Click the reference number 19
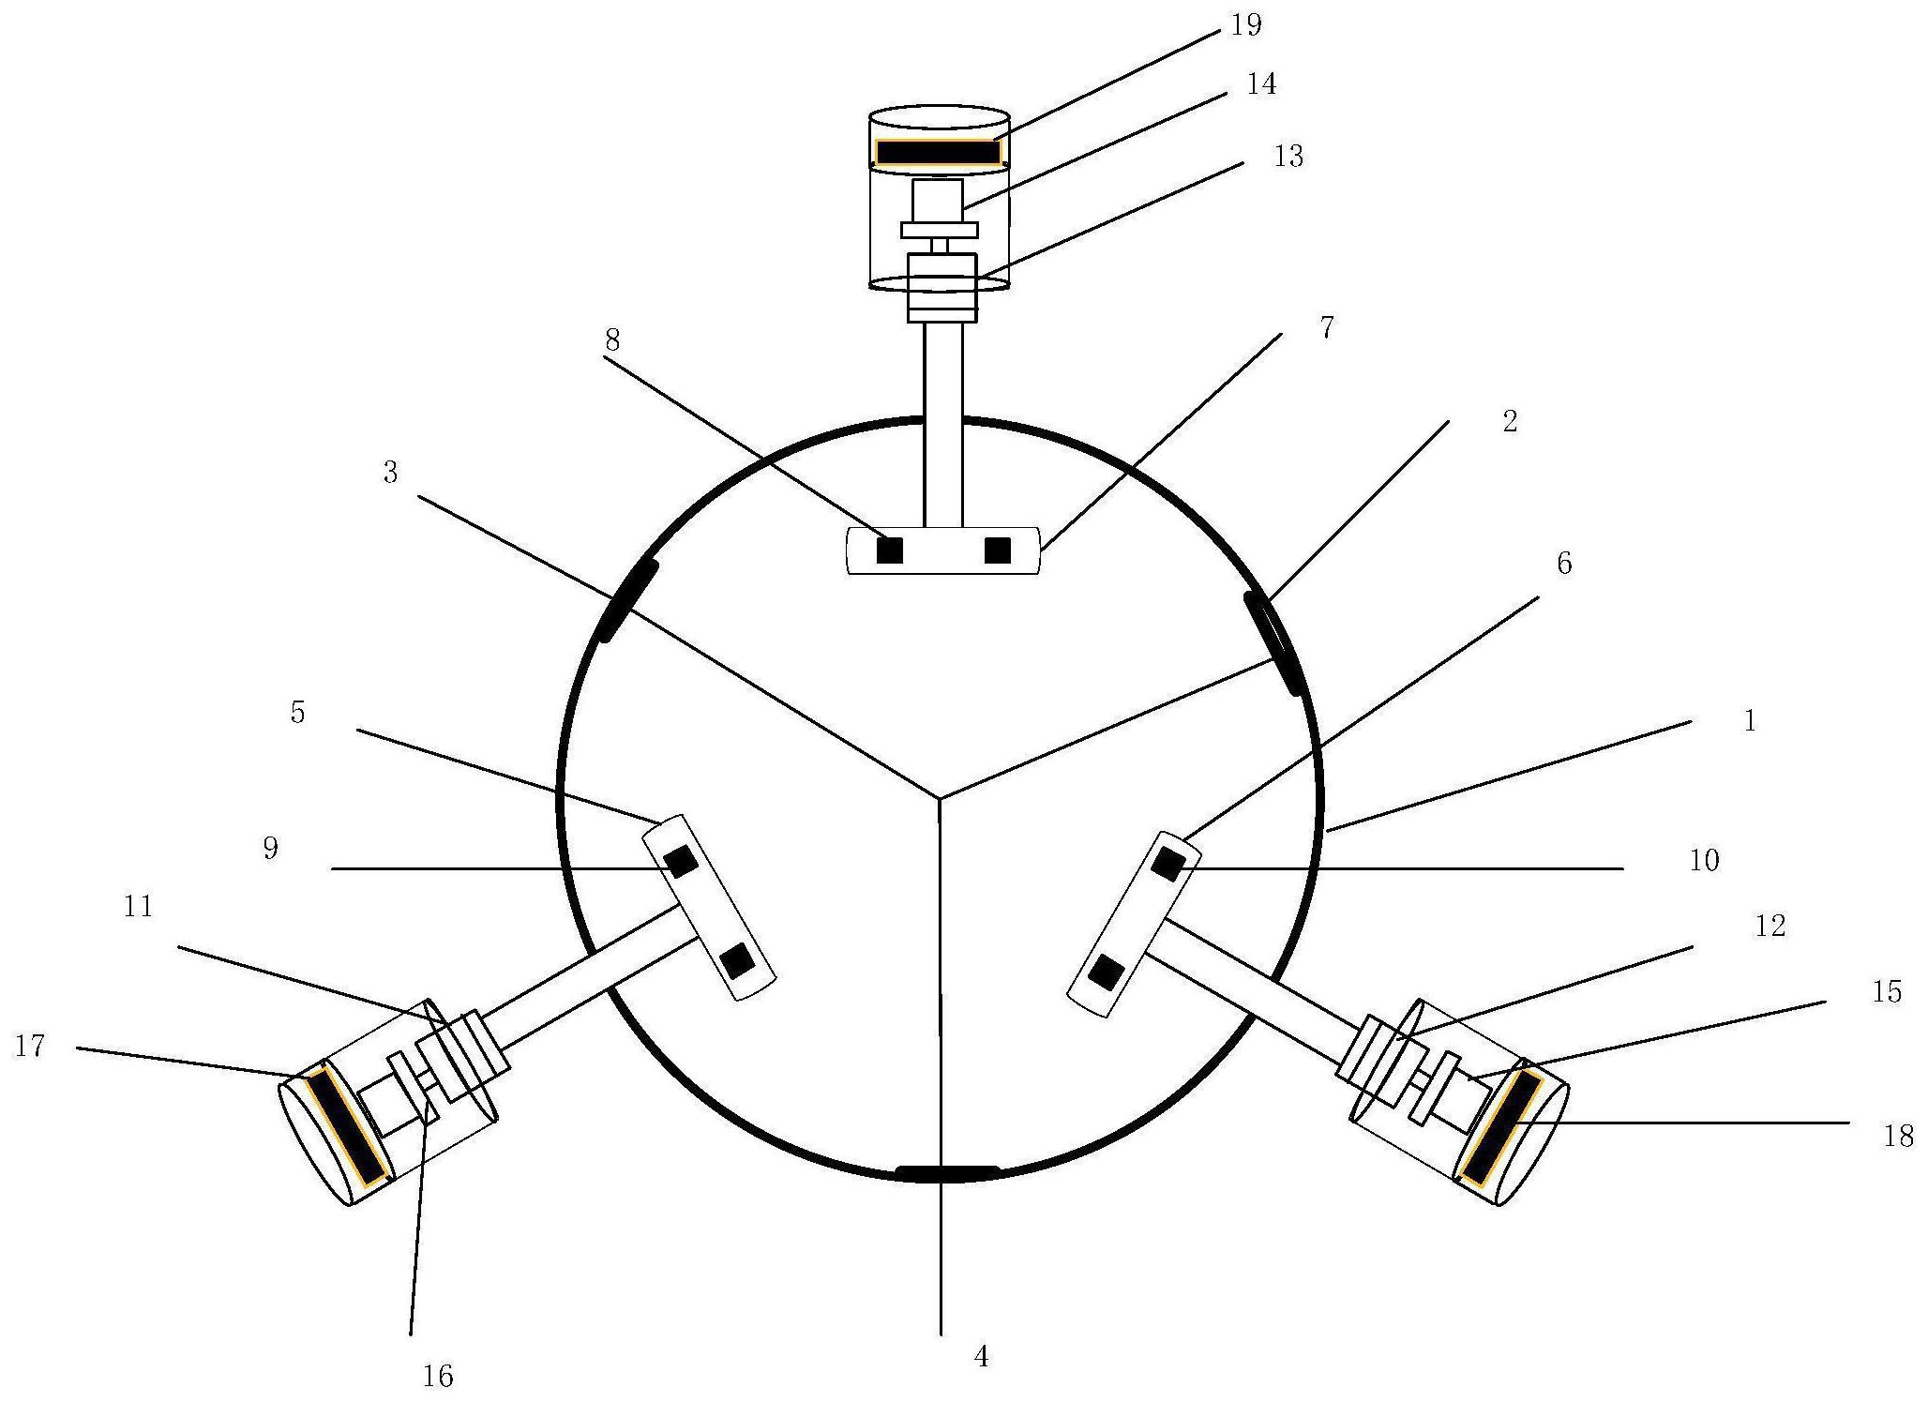pyautogui.click(x=1245, y=26)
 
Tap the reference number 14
pyautogui.click(x=1261, y=84)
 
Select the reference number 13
pyautogui.click(x=1288, y=157)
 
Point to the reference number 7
pyautogui.click(x=1326, y=328)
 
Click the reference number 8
pyautogui.click(x=611, y=340)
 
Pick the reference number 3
pyautogui.click(x=390, y=473)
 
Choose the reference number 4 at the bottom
pyautogui.click(x=981, y=1356)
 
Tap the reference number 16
pyautogui.click(x=438, y=1376)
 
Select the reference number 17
pyautogui.click(x=30, y=1046)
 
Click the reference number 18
pyautogui.click(x=1898, y=1137)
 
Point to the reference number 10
pyautogui.click(x=1704, y=860)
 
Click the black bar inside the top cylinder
pyautogui.click(x=938, y=152)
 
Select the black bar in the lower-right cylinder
pyautogui.click(x=1501, y=1128)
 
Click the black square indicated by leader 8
pyautogui.click(x=889, y=550)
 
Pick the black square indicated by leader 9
pyautogui.click(x=681, y=861)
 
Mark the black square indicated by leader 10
pyautogui.click(x=1167, y=863)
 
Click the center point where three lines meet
pyautogui.click(x=940, y=799)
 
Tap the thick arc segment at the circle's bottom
pyautogui.click(x=947, y=1172)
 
